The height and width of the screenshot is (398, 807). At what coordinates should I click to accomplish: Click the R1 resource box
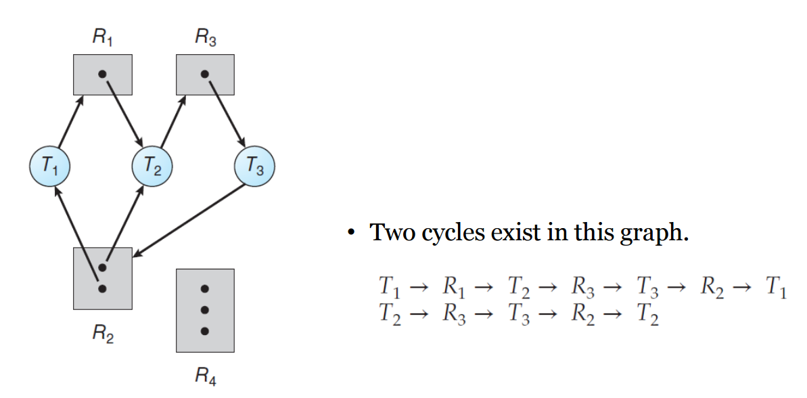(x=102, y=75)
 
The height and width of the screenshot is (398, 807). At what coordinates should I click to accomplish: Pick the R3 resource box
(x=205, y=75)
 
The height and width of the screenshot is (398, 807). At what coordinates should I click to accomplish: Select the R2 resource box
(x=102, y=278)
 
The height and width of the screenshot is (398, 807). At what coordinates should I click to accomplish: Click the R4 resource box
(x=205, y=310)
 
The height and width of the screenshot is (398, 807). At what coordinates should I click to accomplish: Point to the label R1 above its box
(x=102, y=38)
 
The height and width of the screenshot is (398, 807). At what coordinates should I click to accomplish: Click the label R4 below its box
(x=205, y=376)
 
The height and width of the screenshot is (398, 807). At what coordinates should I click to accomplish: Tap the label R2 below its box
(x=103, y=334)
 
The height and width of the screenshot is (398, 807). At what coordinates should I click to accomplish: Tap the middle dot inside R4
(x=205, y=310)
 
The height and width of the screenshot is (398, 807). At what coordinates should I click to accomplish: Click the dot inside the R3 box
(x=205, y=74)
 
